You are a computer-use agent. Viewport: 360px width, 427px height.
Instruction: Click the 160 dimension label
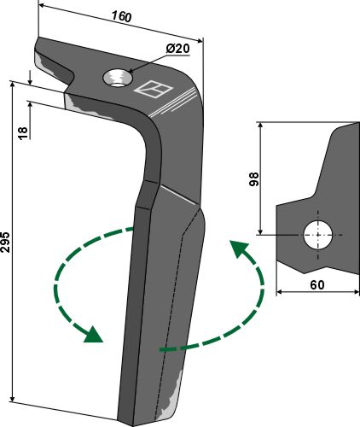121,16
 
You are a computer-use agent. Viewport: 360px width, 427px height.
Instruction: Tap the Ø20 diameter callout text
177,49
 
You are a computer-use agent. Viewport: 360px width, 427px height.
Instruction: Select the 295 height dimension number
5,243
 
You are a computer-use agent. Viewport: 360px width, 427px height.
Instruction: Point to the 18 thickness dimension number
23,133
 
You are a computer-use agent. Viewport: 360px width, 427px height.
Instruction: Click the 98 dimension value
254,179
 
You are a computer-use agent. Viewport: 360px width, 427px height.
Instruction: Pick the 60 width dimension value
317,284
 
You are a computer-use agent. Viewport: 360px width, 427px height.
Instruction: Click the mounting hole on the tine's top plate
118,79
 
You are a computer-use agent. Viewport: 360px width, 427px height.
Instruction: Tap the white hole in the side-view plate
318,235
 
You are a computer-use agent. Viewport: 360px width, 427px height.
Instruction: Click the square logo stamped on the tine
154,90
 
